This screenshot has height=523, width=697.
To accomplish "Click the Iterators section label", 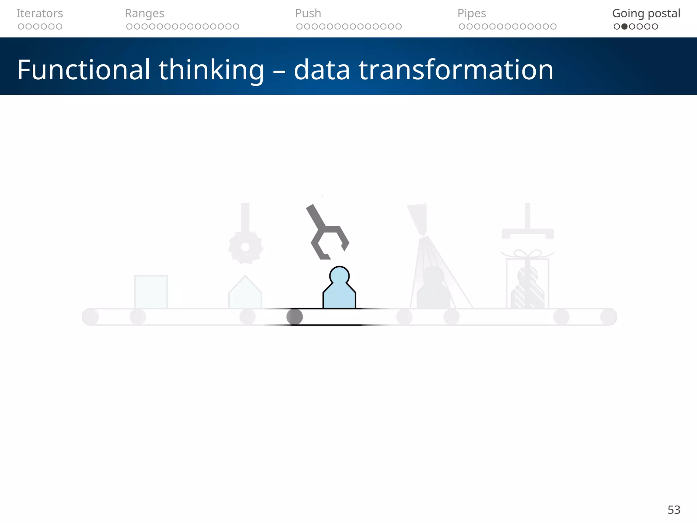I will pyautogui.click(x=39, y=13).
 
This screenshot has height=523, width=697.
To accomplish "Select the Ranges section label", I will pyautogui.click(x=144, y=13).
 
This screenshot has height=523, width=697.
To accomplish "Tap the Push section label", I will pyautogui.click(x=308, y=13).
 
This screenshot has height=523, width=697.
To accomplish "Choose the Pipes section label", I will pyautogui.click(x=471, y=13).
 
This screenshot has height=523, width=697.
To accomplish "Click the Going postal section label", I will pyautogui.click(x=646, y=13).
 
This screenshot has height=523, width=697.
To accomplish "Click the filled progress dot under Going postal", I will pyautogui.click(x=625, y=27).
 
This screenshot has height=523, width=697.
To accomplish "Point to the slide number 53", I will pyautogui.click(x=674, y=510).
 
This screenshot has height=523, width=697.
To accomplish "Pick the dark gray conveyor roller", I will pyautogui.click(x=294, y=317).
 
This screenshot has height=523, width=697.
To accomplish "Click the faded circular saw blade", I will pyautogui.click(x=245, y=247).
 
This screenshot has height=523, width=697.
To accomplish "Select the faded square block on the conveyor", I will pyautogui.click(x=151, y=292).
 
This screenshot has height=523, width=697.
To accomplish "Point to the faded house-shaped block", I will pyautogui.click(x=245, y=293).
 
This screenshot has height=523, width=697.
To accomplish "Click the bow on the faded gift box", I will pyautogui.click(x=527, y=254).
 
